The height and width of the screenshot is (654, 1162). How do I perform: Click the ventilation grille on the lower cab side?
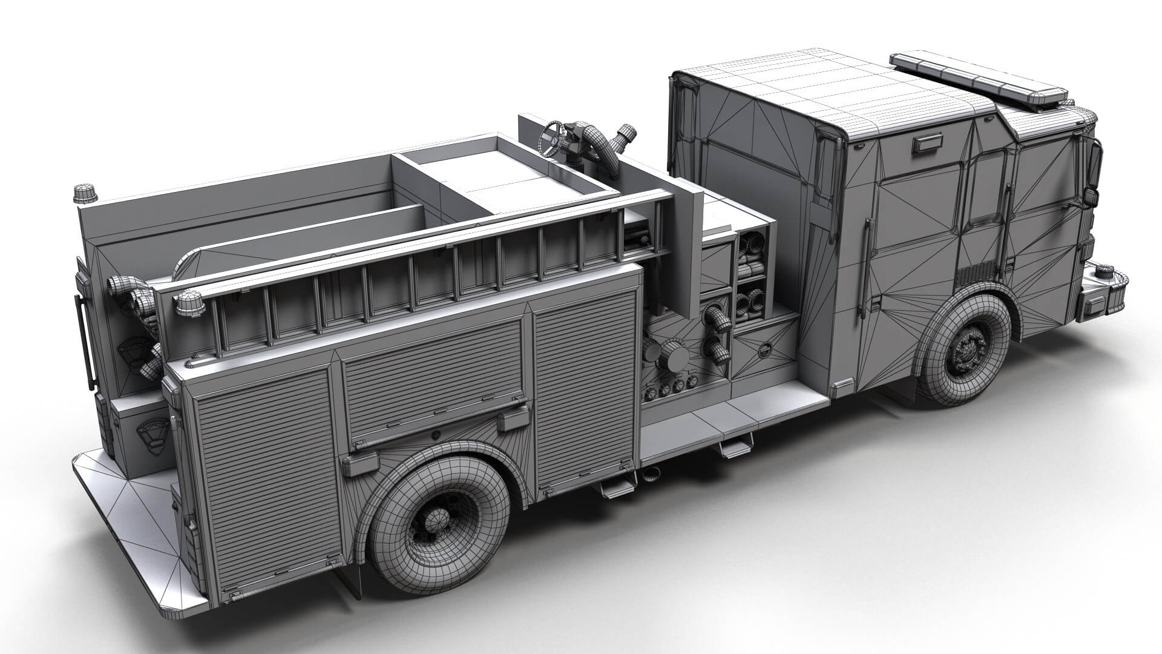[975, 275]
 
